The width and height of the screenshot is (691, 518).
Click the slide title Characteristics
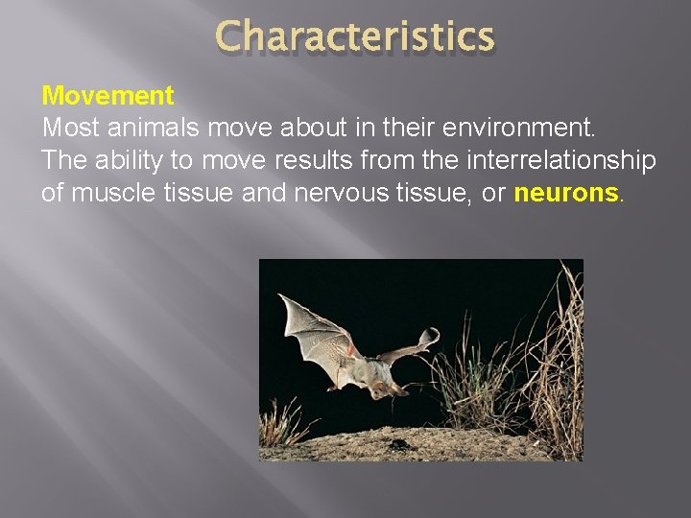click(x=355, y=37)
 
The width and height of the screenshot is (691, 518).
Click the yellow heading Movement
click(x=107, y=96)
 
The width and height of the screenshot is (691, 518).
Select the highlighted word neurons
click(x=566, y=193)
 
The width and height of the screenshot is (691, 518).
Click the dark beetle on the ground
click(x=394, y=443)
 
